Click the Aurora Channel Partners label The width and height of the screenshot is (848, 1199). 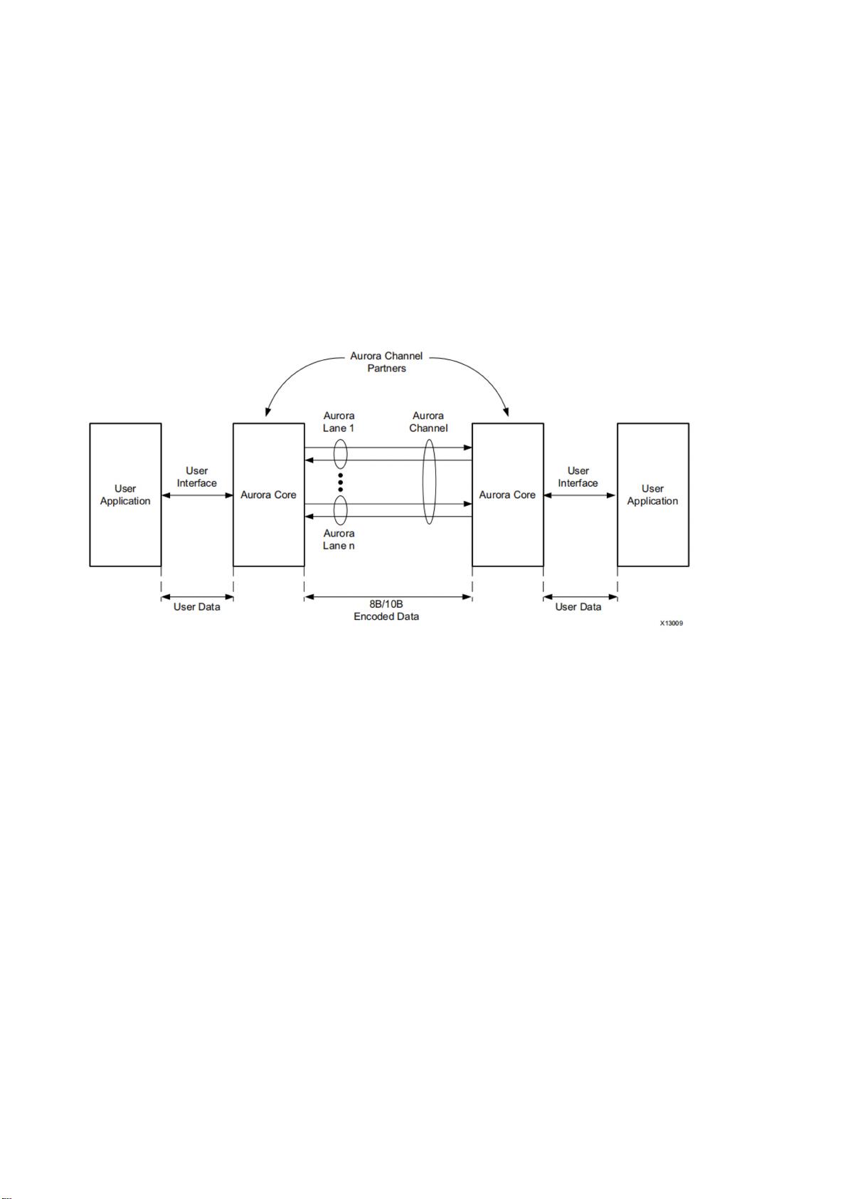386,362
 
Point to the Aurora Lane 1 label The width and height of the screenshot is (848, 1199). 339,422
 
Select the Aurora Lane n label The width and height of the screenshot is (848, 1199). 339,539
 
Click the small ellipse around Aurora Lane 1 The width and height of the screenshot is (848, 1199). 334,454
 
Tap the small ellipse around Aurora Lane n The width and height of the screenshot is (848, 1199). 334,510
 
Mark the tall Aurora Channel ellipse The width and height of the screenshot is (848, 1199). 423,482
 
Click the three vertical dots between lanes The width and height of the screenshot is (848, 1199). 340,482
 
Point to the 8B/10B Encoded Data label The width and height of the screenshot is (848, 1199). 386,611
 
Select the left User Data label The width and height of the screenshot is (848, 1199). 197,607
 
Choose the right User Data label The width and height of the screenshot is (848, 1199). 578,607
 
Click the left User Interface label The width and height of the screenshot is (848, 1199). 197,477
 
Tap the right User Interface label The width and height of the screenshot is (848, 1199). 578,477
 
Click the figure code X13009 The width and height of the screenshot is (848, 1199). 672,623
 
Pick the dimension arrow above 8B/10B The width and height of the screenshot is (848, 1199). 388,597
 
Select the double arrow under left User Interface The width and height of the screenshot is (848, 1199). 197,496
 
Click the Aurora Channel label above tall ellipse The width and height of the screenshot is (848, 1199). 428,422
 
